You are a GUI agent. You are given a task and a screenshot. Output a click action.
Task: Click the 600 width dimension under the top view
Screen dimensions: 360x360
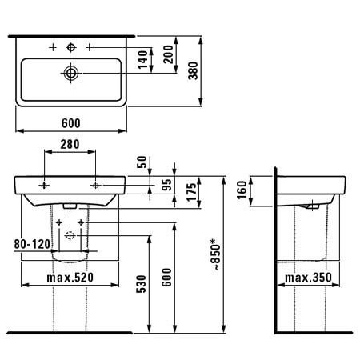tap(70, 123)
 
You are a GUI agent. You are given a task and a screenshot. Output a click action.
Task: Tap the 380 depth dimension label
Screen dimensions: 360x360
tap(193, 70)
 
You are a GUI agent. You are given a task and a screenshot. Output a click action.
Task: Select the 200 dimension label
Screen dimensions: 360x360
tap(168, 54)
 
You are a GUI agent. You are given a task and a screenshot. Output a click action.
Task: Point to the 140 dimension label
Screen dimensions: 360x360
tap(143, 59)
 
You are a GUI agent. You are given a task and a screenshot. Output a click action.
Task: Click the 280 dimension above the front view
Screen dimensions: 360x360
tap(70, 144)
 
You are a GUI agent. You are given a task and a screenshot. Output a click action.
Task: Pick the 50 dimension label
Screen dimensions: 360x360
tap(142, 162)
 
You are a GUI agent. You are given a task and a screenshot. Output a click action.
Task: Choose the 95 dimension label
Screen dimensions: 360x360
tap(166, 186)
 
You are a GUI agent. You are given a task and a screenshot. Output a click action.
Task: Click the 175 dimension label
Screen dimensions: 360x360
tap(192, 192)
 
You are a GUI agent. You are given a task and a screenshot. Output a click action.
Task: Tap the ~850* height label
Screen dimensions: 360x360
tap(217, 254)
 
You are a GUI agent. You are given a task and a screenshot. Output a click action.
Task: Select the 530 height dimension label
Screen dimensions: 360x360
tap(142, 284)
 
